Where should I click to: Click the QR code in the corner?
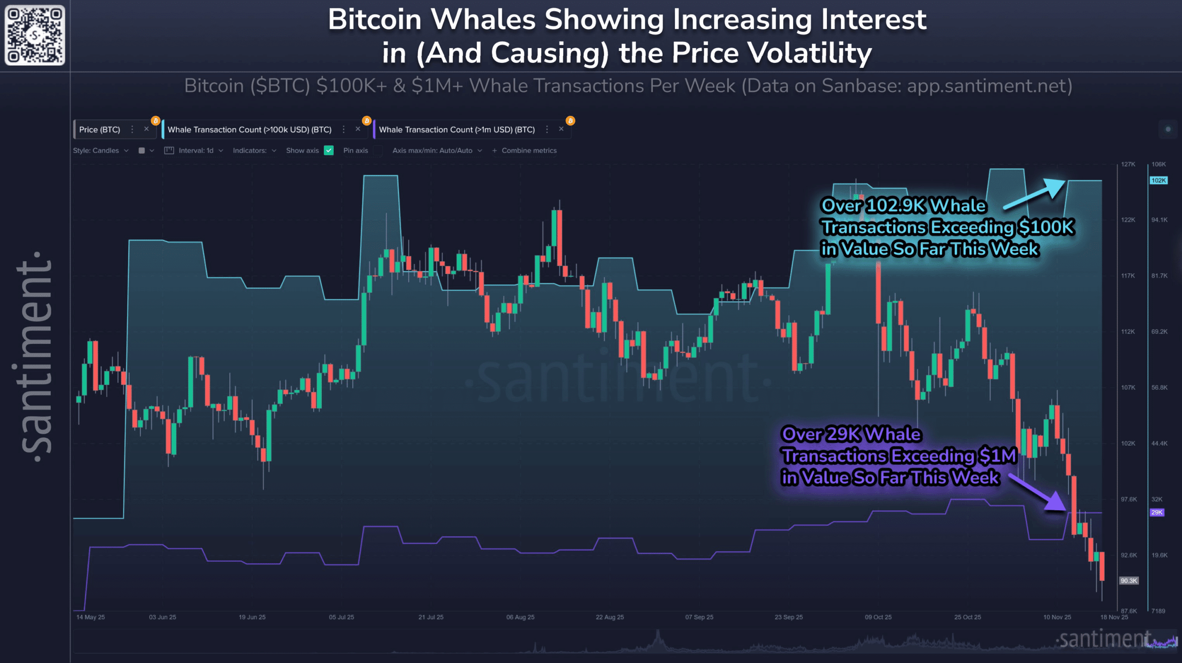(35, 35)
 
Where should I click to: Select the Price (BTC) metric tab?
(99, 130)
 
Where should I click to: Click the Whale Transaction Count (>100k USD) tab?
(249, 130)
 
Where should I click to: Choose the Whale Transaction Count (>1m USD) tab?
(457, 130)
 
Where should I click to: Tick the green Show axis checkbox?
(329, 151)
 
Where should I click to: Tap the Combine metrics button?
(525, 151)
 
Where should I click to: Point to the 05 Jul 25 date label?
(341, 617)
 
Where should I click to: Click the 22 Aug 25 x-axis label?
(609, 617)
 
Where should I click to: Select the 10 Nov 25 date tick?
(1057, 617)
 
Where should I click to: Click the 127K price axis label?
(1128, 164)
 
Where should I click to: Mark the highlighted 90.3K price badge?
(1128, 581)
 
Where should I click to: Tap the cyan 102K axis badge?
(1158, 181)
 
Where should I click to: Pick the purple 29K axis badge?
(1157, 512)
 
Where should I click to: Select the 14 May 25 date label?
(90, 617)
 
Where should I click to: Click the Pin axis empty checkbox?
(378, 151)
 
